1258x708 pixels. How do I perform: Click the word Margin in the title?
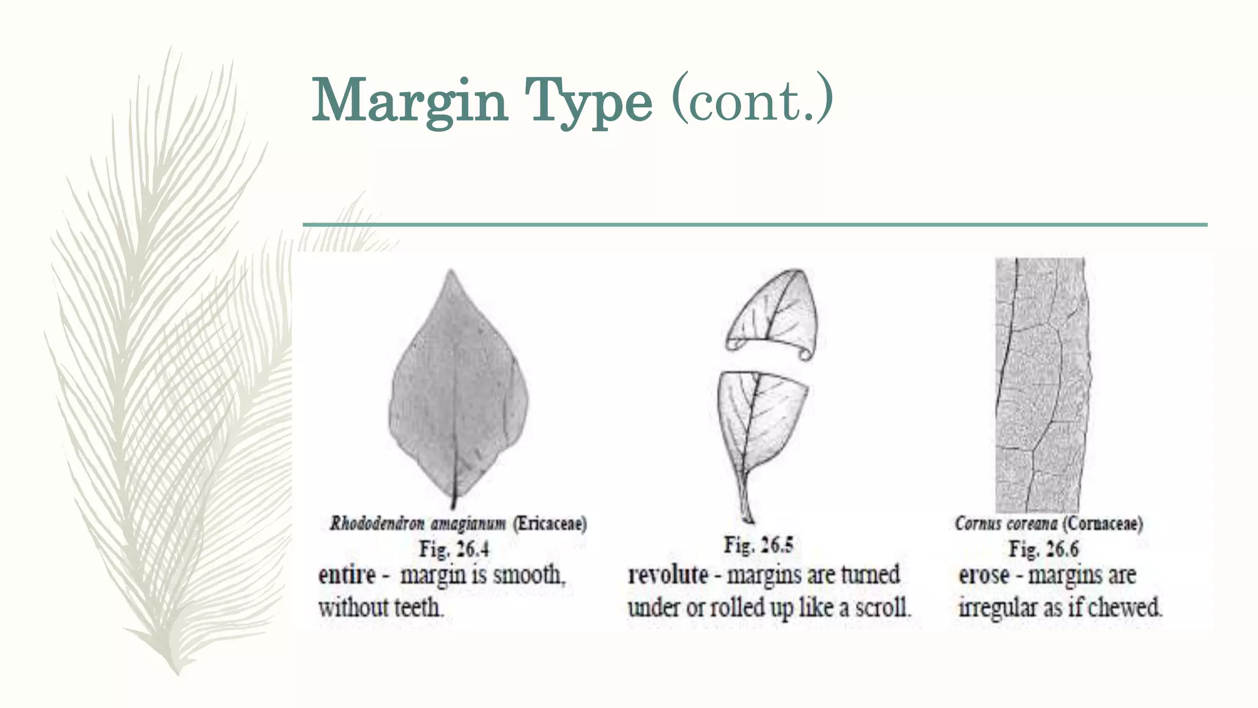tap(410, 101)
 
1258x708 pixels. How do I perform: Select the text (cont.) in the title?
tap(752, 98)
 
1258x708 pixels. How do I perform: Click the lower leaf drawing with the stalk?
tap(759, 430)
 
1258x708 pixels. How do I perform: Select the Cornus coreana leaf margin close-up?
tap(1041, 384)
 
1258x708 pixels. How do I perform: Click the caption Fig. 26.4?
tap(454, 549)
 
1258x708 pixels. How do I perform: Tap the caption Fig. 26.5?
tap(759, 545)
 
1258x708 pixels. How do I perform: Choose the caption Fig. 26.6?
tap(1044, 549)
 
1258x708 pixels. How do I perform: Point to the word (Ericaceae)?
tap(550, 524)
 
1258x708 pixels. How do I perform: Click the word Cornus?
tap(975, 524)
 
